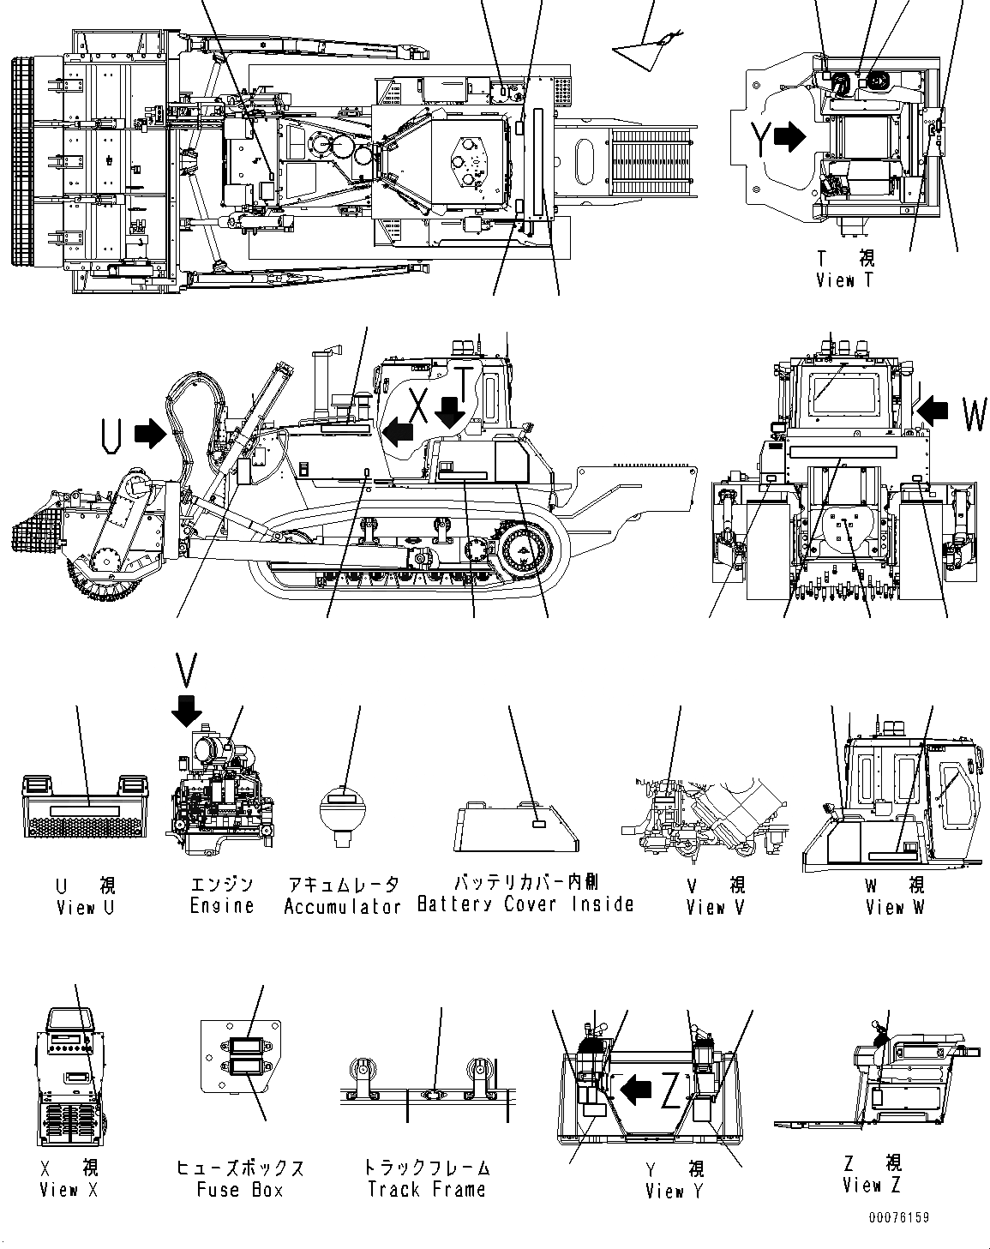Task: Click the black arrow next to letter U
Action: [151, 434]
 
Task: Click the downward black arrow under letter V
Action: [186, 710]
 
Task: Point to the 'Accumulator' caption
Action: [343, 906]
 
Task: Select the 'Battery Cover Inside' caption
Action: [525, 904]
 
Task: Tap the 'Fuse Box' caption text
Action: [239, 1189]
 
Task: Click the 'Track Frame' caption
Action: [426, 1189]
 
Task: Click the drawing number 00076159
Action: [897, 1217]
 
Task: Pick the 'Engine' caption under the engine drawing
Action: [221, 906]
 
